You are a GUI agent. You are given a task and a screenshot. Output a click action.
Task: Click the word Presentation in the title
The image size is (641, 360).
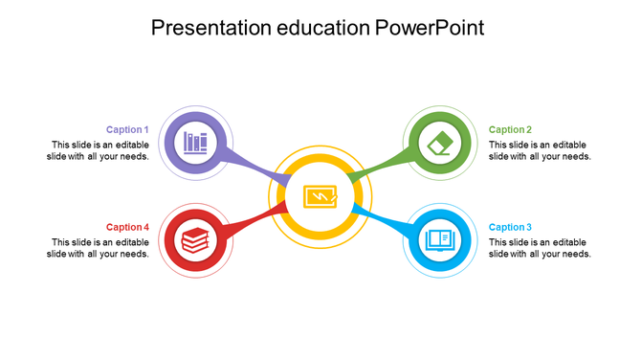[x=208, y=28]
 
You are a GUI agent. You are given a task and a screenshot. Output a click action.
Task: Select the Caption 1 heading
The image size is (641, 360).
[x=127, y=129]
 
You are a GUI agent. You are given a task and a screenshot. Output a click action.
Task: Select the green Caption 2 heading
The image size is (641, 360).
[x=510, y=129]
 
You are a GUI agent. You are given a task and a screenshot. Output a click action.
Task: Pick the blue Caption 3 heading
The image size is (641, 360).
[x=510, y=227]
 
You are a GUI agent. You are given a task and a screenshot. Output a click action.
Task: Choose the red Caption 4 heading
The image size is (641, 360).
[x=127, y=227]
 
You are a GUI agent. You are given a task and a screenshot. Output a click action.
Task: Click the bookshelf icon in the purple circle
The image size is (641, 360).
[x=195, y=144]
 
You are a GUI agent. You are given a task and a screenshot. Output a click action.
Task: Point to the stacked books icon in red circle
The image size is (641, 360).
[x=195, y=239]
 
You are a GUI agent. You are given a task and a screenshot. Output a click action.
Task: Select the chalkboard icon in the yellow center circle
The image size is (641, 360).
[x=319, y=196]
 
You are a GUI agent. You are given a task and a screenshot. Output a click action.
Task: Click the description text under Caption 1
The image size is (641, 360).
[x=100, y=150]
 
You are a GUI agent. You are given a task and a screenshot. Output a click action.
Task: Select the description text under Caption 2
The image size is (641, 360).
[x=540, y=150]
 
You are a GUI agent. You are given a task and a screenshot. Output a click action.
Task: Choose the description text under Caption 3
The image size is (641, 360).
[x=540, y=248]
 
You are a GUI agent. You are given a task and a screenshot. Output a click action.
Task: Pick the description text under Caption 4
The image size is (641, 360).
[x=100, y=248]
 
